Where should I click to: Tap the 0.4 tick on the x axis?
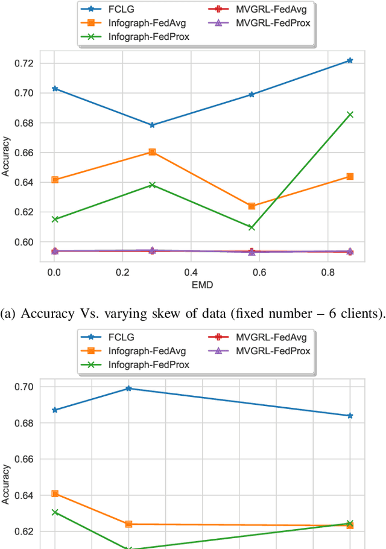(x=190, y=271)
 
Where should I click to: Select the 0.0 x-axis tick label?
(x=54, y=271)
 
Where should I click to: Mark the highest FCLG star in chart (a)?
(x=350, y=60)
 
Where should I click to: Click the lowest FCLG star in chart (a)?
(x=153, y=125)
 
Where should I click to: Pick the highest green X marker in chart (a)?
(x=350, y=114)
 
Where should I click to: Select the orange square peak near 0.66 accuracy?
(x=153, y=152)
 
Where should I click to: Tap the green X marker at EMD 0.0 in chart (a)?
(x=55, y=219)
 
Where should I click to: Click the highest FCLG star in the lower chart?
(x=128, y=389)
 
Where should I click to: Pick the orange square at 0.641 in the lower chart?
(x=55, y=493)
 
